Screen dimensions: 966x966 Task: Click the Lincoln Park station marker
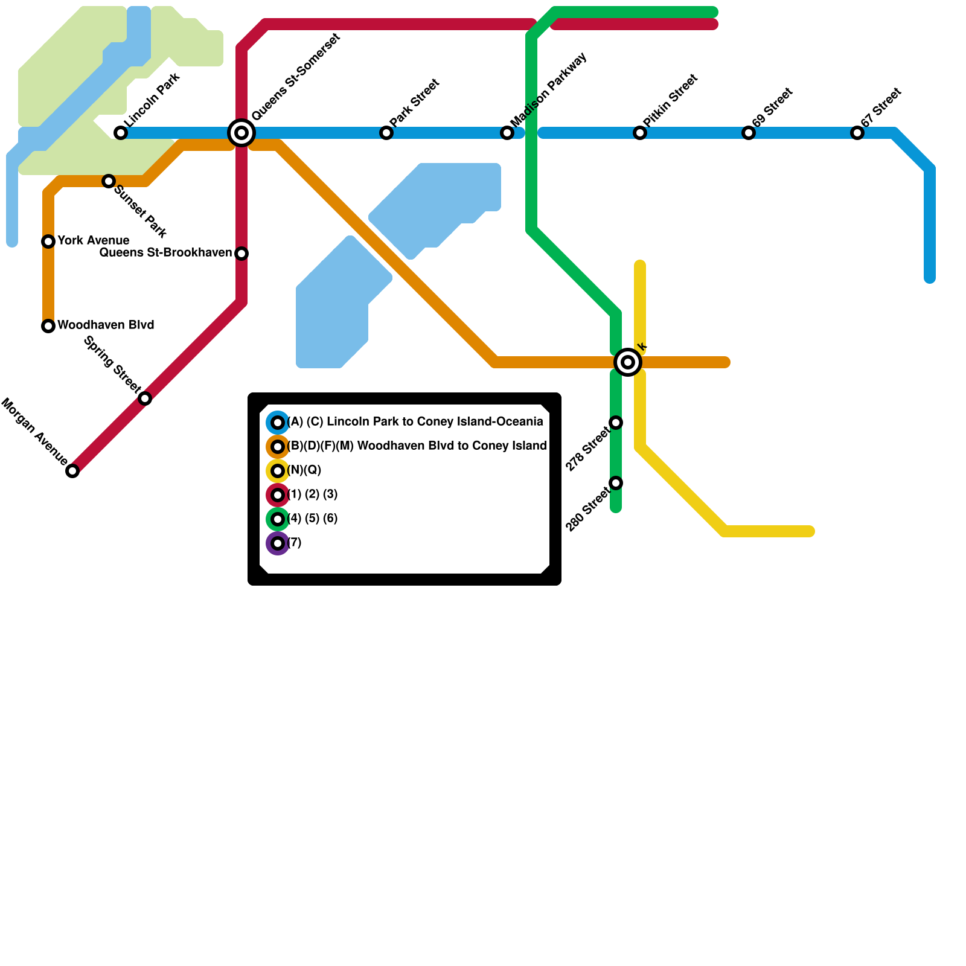(x=121, y=133)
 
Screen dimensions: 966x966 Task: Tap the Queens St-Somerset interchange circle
(x=241, y=133)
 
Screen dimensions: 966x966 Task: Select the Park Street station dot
(x=386, y=133)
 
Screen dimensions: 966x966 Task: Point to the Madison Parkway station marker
(x=507, y=133)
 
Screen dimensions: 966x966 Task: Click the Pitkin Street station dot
(x=640, y=133)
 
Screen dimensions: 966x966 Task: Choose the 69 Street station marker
(x=749, y=133)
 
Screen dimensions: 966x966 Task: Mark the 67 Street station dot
(x=857, y=133)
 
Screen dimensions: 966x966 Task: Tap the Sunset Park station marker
(x=109, y=181)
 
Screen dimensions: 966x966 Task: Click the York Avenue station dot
(x=48, y=241)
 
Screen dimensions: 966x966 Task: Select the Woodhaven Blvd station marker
(x=48, y=326)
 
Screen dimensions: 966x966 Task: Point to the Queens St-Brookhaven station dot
(x=241, y=254)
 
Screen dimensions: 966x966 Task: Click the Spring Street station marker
(x=145, y=398)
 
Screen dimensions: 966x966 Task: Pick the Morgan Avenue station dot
(x=72, y=471)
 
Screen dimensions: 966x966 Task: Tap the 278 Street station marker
(x=616, y=423)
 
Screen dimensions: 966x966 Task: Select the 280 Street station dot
(x=616, y=483)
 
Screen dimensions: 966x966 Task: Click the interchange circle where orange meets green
(x=628, y=362)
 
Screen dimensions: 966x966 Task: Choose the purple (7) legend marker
(x=278, y=543)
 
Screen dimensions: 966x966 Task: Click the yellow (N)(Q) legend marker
(x=278, y=471)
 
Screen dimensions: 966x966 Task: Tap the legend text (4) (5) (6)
(x=312, y=519)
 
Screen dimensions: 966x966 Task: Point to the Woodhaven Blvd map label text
(x=106, y=325)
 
